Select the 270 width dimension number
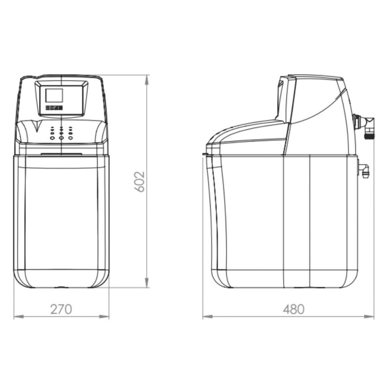click(x=61, y=309)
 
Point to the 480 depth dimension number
click(x=293, y=309)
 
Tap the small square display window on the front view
click(x=54, y=95)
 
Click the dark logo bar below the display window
click(x=54, y=108)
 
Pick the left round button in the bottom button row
click(x=52, y=138)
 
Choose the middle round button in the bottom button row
click(x=61, y=138)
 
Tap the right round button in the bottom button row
click(x=70, y=138)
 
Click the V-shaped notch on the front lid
click(x=36, y=125)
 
